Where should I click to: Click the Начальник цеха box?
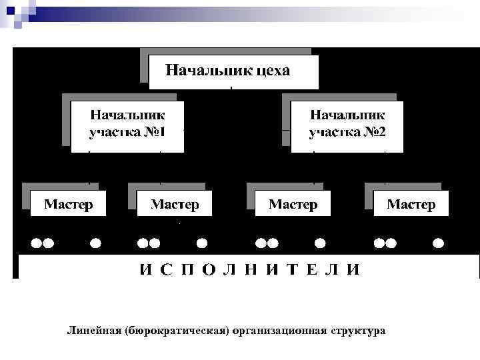233,72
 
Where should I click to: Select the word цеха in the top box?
272,70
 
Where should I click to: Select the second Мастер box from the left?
175,203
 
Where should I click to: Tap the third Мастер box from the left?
293,203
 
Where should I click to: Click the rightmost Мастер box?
411,203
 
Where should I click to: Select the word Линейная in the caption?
93,331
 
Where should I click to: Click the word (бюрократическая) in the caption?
176,331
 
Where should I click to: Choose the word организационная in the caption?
279,331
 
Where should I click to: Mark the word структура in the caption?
358,331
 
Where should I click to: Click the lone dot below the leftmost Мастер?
95,243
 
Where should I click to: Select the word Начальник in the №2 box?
347,115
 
